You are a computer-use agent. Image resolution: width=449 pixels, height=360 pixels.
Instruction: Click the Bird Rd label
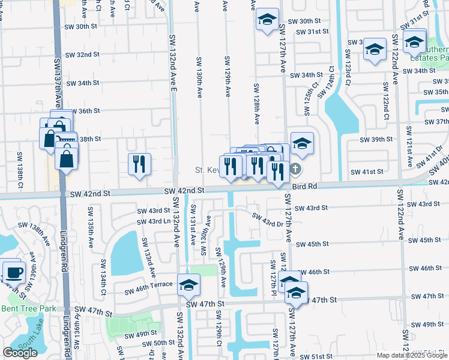pos(305,187)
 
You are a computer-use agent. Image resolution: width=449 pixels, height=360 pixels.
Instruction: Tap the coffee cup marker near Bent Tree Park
pos(13,271)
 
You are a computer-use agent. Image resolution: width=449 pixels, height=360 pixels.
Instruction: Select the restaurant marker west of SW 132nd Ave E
pos(139,163)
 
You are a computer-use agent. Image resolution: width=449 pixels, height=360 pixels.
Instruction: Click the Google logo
pos(20,352)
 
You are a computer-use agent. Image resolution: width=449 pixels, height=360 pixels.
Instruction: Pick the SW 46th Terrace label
pos(149,292)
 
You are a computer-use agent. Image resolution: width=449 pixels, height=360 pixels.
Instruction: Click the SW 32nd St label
pos(83,55)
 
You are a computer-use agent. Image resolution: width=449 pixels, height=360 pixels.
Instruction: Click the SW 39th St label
pos(376,139)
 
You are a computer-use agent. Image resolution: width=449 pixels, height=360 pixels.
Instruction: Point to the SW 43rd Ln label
pos(154,221)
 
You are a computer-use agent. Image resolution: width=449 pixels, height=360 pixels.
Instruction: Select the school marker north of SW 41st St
pos(302,143)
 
